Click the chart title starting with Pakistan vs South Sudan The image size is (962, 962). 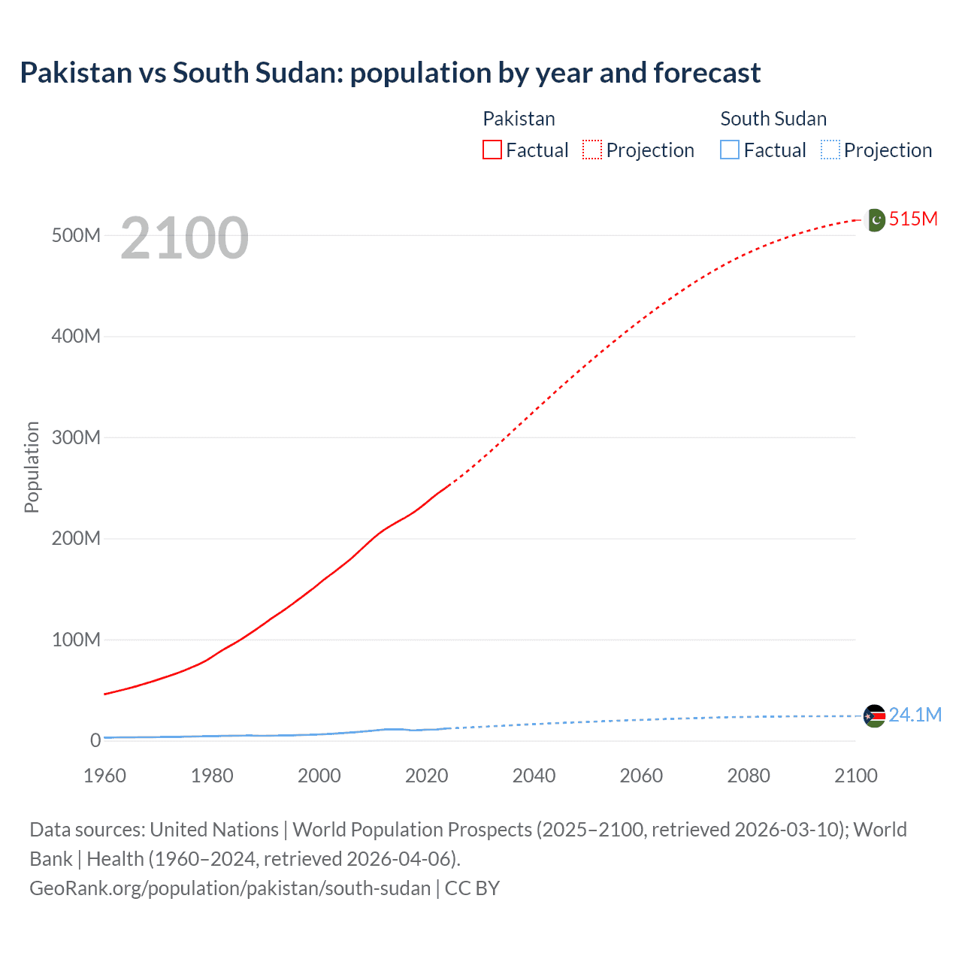(390, 73)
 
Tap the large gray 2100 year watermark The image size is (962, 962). (184, 238)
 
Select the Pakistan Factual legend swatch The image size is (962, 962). (492, 150)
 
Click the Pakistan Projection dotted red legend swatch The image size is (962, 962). (592, 150)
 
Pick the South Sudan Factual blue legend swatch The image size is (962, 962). (730, 150)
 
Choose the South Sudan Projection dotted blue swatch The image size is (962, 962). (830, 150)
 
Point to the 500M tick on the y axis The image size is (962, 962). (76, 236)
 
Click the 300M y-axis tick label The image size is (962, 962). (76, 438)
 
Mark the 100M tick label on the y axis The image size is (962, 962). (76, 640)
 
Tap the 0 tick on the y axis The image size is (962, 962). (95, 741)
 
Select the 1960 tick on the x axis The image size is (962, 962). (104, 776)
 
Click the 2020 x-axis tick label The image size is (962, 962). (426, 776)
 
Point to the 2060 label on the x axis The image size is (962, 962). (641, 776)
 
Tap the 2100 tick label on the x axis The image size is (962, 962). (855, 776)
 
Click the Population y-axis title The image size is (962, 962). (32, 467)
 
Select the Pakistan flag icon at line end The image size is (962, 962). (875, 219)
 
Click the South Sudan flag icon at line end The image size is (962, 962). (874, 715)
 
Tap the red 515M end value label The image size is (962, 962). (913, 219)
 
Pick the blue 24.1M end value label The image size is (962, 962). (915, 715)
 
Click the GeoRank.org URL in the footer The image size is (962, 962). (230, 888)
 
